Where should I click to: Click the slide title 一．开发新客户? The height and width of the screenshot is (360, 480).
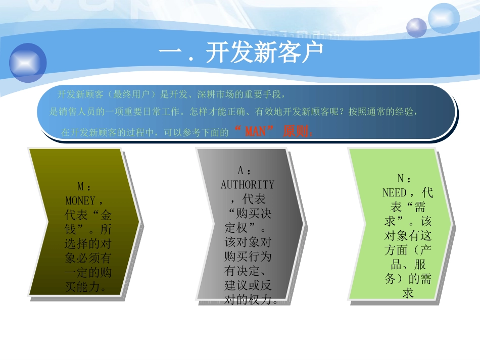(x=241, y=53)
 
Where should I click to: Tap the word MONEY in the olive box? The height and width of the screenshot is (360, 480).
(x=80, y=201)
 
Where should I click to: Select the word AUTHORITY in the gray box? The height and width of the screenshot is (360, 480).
(x=248, y=185)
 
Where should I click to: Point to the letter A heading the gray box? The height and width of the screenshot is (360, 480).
(x=241, y=172)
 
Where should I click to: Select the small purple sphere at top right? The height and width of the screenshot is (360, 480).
(x=417, y=27)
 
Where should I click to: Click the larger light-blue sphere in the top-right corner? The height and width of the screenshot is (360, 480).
(x=443, y=18)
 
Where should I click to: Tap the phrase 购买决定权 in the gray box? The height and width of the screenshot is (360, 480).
(x=251, y=221)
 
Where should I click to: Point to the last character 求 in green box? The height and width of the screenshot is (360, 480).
(x=408, y=293)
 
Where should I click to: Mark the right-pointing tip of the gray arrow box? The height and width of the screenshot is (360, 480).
(x=304, y=223)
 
